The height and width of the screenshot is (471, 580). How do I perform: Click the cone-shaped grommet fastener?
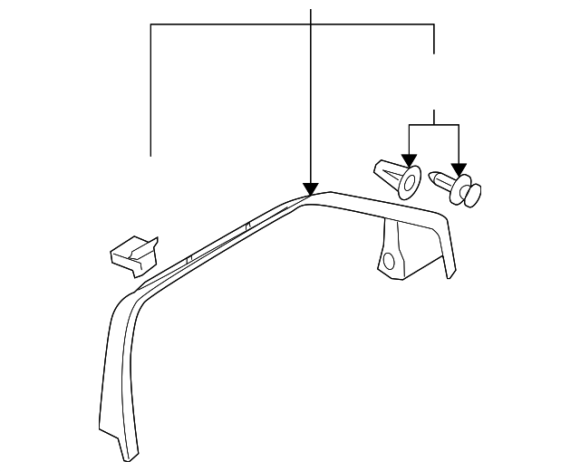396,175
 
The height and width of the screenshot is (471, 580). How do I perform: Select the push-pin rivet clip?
459,187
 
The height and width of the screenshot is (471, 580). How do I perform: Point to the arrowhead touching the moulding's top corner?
311,190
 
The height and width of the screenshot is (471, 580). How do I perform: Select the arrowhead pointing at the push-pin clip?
459,168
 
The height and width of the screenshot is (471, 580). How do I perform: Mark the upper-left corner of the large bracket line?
150,24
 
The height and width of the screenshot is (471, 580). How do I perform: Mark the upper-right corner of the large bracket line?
435,24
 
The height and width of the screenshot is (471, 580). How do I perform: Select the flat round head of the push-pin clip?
471,193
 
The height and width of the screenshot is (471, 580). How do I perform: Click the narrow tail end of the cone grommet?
375,166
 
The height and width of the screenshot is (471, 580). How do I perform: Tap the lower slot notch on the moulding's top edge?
187,259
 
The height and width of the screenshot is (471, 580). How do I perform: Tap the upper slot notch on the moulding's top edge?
247,224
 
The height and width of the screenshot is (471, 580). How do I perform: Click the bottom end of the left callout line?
150,156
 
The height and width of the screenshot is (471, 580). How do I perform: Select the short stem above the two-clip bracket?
435,117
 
